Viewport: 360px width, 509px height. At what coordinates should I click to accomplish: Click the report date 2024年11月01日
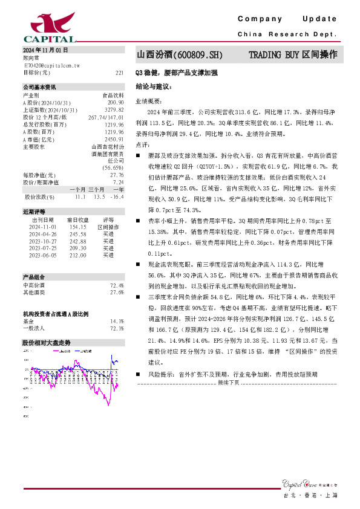pos(45,49)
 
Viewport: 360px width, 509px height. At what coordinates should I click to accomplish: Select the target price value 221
pos(119,72)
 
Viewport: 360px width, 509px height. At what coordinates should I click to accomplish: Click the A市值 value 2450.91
pos(114,138)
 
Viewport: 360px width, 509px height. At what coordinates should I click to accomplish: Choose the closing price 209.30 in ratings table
pos(79,248)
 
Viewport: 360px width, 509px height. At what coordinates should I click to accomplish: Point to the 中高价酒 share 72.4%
pos(117,285)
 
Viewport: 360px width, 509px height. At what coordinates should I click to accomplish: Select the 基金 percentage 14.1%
pos(117,321)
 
